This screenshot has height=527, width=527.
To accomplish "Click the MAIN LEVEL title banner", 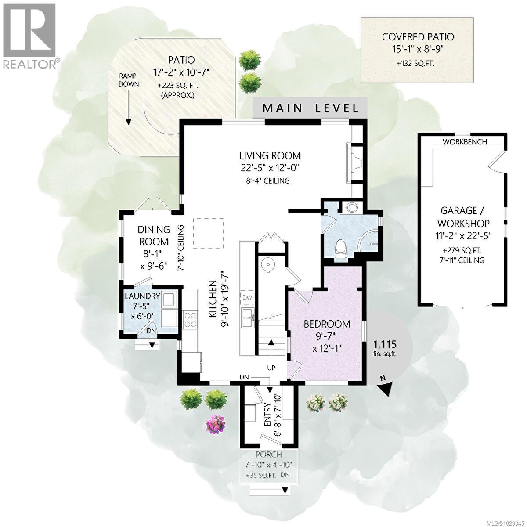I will pyautogui.click(x=310, y=108).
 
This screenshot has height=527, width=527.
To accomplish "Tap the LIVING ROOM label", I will pyautogui.click(x=270, y=155).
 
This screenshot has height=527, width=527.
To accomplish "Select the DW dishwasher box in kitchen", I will pyautogui.click(x=247, y=298).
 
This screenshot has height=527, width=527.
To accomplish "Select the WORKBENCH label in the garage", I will pyautogui.click(x=464, y=142).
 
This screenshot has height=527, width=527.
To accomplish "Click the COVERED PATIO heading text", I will pyautogui.click(x=417, y=37).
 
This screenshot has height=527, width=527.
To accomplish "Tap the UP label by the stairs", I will pyautogui.click(x=271, y=368).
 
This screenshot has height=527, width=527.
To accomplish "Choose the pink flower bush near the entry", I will pyautogui.click(x=215, y=424).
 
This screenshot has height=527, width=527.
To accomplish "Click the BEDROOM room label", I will pyautogui.click(x=327, y=324).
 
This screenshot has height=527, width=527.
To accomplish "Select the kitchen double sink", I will pyautogui.click(x=247, y=317).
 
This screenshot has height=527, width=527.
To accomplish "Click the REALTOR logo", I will pyautogui.click(x=29, y=35).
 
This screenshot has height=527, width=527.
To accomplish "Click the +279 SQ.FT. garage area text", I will pyautogui.click(x=462, y=251).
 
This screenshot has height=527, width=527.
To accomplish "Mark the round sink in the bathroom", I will pyautogui.click(x=351, y=207).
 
